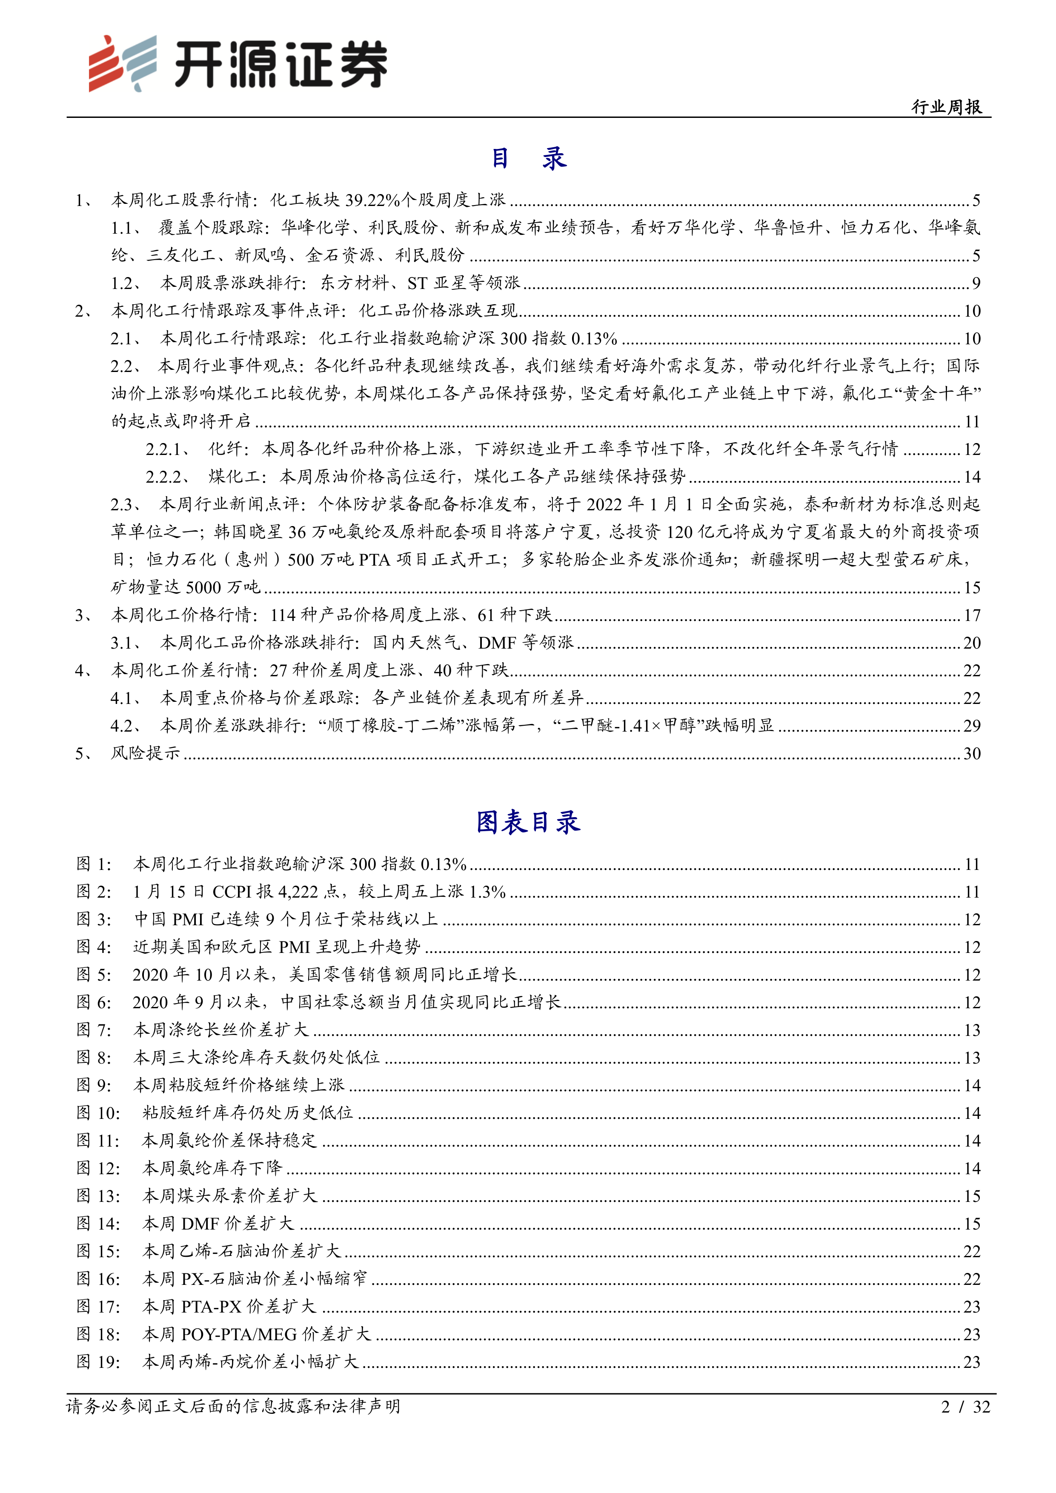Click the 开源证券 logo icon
click(123, 63)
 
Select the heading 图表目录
click(528, 822)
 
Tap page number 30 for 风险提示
click(971, 754)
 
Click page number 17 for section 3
click(971, 615)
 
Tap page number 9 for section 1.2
click(976, 283)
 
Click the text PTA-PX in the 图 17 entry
click(212, 1307)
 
